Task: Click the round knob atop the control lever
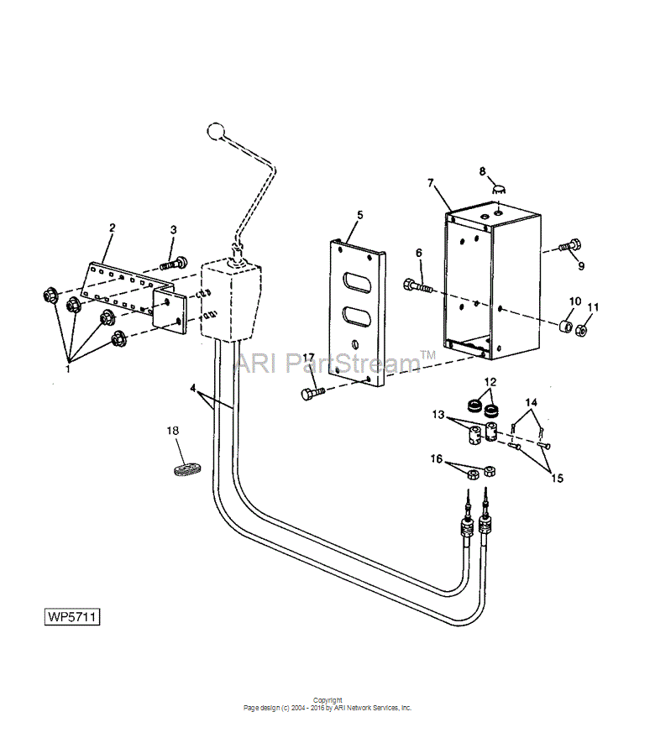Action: click(x=215, y=131)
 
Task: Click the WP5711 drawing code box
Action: click(x=72, y=616)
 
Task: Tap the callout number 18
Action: click(x=173, y=431)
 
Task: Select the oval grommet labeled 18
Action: click(x=185, y=469)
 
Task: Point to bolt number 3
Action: click(x=173, y=264)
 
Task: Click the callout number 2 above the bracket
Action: click(x=112, y=228)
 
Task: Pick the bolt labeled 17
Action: click(x=313, y=393)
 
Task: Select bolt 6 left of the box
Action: click(x=417, y=285)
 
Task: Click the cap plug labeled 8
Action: click(x=499, y=190)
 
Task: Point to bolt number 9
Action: click(x=570, y=245)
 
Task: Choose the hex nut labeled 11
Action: click(x=582, y=331)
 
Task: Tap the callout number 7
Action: click(x=431, y=183)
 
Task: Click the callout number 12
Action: click(x=490, y=381)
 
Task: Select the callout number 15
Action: click(x=557, y=479)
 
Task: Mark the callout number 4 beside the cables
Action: click(x=193, y=388)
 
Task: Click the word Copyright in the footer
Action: click(x=327, y=700)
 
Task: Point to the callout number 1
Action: click(x=68, y=369)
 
